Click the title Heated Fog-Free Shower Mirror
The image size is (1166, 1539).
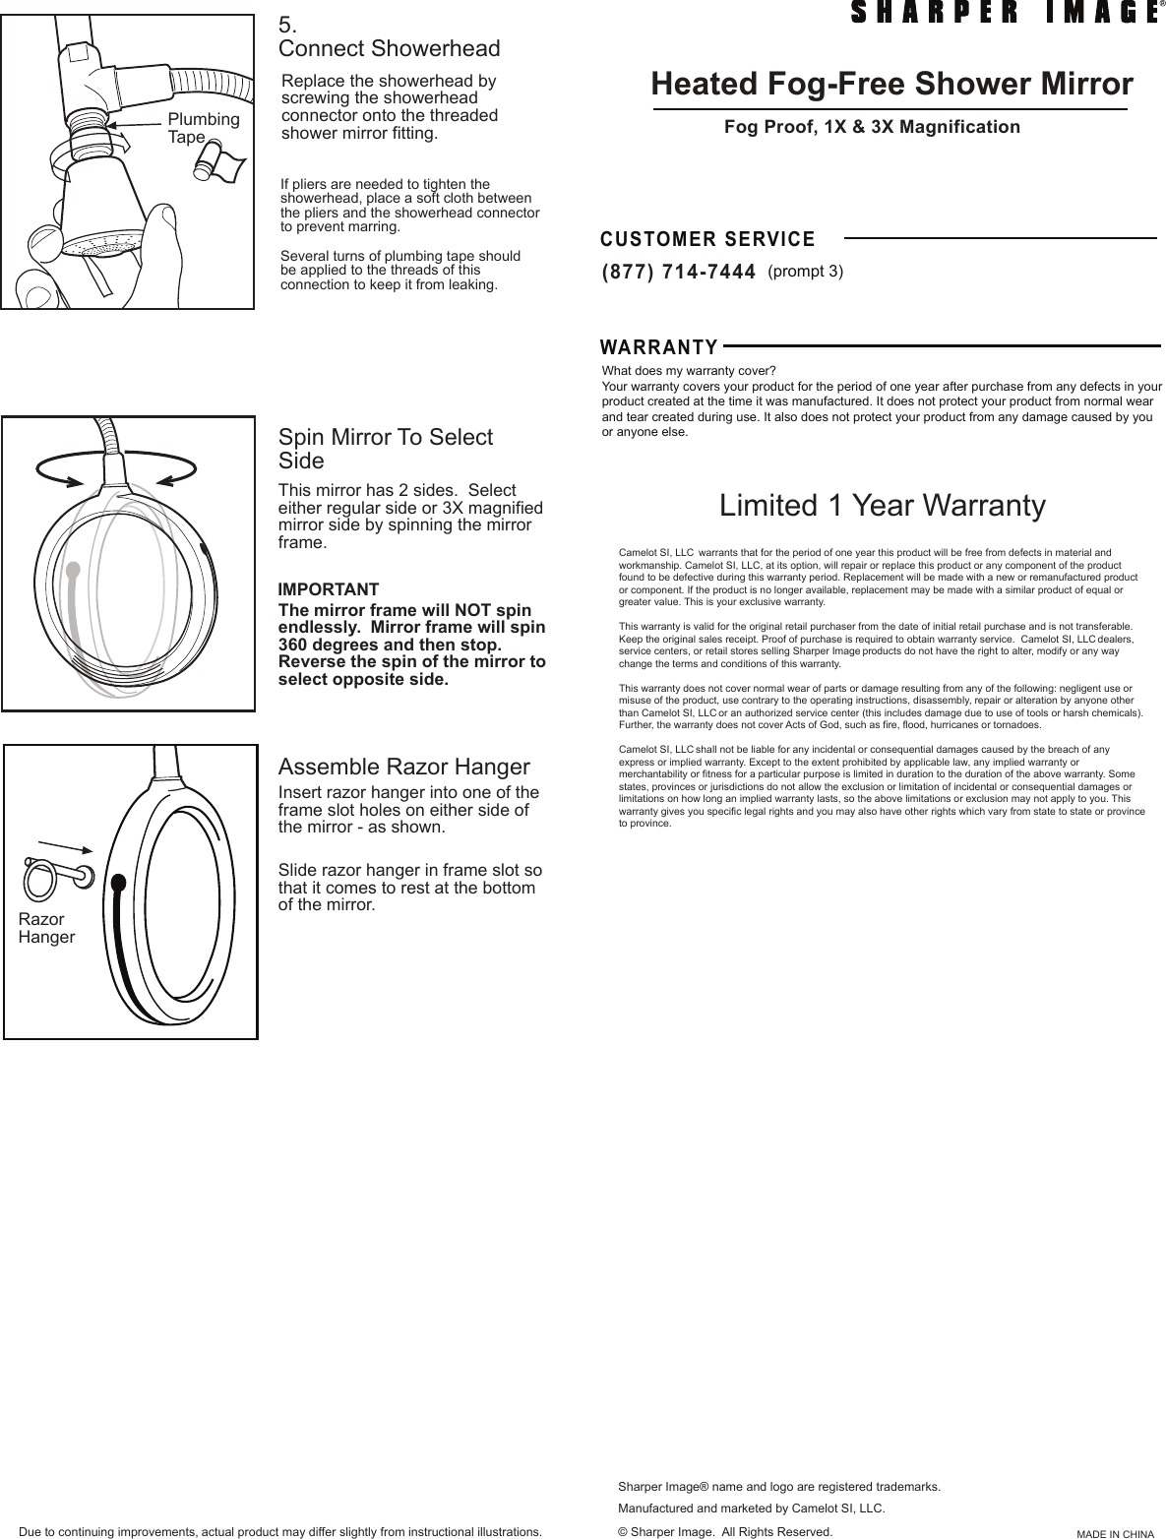pos(891,85)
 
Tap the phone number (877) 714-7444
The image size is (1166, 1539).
pos(678,272)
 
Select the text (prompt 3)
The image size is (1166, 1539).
pos(805,272)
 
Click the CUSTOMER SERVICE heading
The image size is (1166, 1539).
pos(707,239)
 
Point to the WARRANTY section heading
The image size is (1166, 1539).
pos(659,347)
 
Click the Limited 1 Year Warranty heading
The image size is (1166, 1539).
pos(883,506)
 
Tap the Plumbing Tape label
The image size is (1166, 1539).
pos(203,128)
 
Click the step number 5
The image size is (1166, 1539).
pos(287,25)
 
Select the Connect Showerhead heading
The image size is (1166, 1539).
pos(389,48)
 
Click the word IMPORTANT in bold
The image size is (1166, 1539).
pos(329,589)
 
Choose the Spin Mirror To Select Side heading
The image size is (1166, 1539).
pos(385,449)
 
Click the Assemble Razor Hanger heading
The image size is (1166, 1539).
pos(403,767)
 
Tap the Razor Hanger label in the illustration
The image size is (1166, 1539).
pos(46,928)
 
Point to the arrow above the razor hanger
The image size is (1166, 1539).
pos(64,846)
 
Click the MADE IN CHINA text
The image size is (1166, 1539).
pos(1114,1533)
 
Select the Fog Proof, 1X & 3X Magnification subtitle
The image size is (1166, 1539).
pos(872,127)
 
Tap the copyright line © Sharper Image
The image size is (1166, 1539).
pos(723,1531)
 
